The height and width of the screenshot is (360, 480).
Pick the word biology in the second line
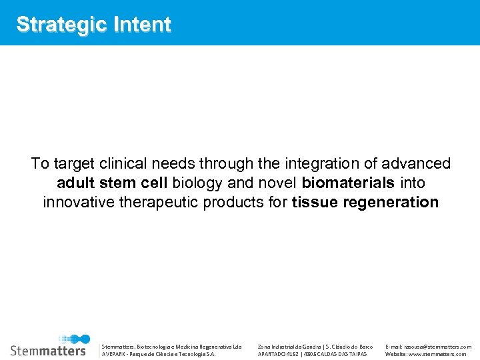tap(196, 183)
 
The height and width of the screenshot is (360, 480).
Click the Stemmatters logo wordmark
tap(48, 350)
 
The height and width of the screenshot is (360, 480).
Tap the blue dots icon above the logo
tap(74, 339)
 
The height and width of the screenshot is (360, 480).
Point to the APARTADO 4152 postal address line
tap(312, 354)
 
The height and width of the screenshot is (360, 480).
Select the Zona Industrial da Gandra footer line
tap(315, 347)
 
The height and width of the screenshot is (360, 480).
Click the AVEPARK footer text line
tap(158, 354)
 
